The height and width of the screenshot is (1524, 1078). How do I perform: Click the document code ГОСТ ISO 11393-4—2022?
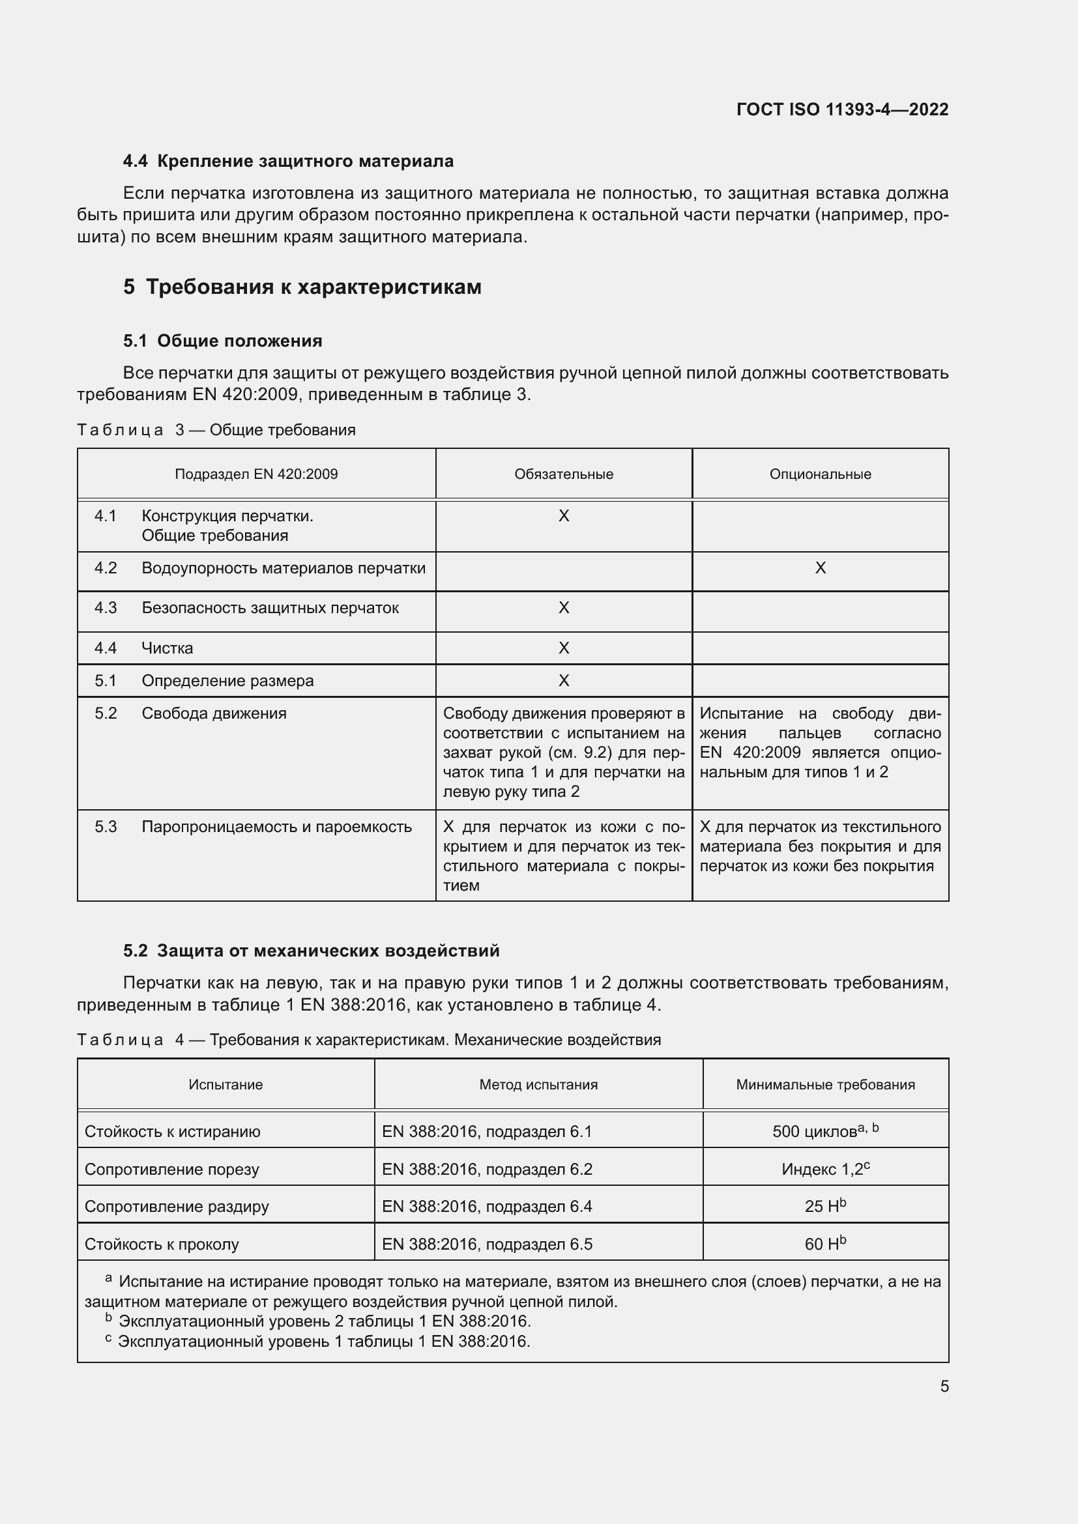click(841, 109)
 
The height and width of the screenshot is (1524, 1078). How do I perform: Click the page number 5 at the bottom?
click(944, 1387)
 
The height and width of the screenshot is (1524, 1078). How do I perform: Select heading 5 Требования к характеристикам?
click(302, 287)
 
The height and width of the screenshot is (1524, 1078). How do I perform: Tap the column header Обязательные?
click(564, 474)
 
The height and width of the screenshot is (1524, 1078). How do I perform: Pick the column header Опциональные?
click(820, 474)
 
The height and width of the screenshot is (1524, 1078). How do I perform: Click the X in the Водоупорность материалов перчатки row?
click(820, 568)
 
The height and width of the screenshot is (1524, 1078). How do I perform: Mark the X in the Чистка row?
click(564, 648)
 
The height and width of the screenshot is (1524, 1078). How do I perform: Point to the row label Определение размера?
click(227, 680)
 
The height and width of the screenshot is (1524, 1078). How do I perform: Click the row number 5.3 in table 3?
click(106, 826)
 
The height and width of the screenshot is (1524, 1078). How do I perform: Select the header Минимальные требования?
click(825, 1085)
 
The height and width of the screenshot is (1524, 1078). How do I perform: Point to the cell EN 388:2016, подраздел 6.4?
click(487, 1207)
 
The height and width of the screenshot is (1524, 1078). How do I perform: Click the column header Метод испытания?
click(538, 1085)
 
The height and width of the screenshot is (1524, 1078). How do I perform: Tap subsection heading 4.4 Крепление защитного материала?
click(288, 162)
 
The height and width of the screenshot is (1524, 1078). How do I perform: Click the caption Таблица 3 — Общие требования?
click(216, 430)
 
